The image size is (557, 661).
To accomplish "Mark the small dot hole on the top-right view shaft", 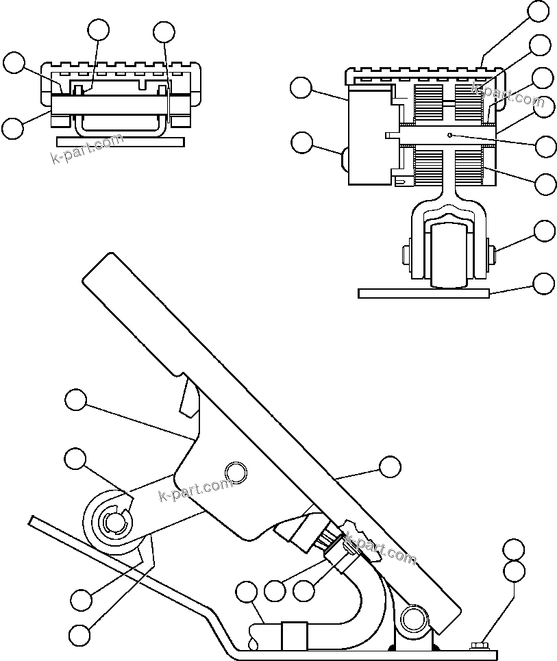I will (x=449, y=135).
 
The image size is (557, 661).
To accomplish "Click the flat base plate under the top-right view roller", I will (x=423, y=293).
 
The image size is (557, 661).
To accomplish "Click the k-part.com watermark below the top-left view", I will (x=87, y=150).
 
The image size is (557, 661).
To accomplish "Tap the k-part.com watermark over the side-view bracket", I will (x=195, y=490).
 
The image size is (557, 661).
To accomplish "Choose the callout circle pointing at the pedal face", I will (x=390, y=467).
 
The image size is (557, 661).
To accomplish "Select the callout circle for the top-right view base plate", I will (x=545, y=283).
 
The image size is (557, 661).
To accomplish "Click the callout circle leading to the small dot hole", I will (x=546, y=146).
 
